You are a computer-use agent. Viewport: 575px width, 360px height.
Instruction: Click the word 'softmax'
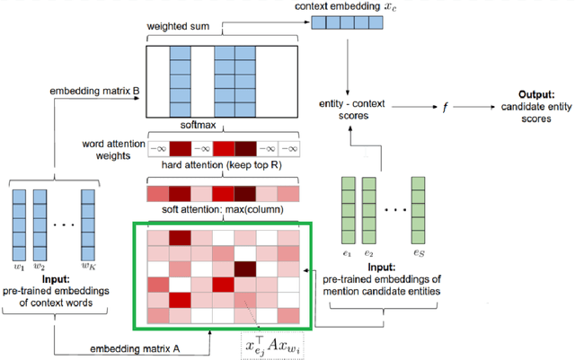click(222, 128)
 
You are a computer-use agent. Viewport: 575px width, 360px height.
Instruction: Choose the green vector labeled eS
click(418, 211)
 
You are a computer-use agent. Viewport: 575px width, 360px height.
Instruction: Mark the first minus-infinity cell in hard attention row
click(158, 148)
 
